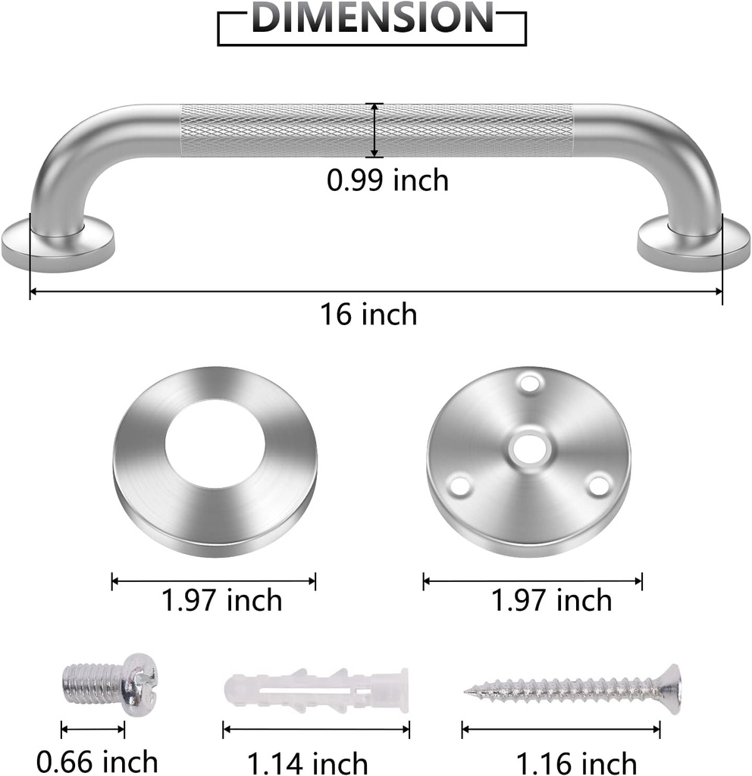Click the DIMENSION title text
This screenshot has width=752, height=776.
(372, 18)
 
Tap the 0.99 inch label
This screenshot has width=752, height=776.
(387, 180)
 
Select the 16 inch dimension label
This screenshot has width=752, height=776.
(368, 313)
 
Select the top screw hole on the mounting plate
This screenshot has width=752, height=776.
(529, 378)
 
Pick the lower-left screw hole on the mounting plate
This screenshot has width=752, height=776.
(457, 483)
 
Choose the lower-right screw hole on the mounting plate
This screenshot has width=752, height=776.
(599, 483)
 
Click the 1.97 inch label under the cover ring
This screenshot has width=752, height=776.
(221, 601)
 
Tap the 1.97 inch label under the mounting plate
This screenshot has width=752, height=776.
(551, 601)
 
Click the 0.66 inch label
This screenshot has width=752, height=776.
(97, 761)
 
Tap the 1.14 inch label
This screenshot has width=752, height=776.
(308, 762)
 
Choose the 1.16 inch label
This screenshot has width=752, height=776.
(576, 762)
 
